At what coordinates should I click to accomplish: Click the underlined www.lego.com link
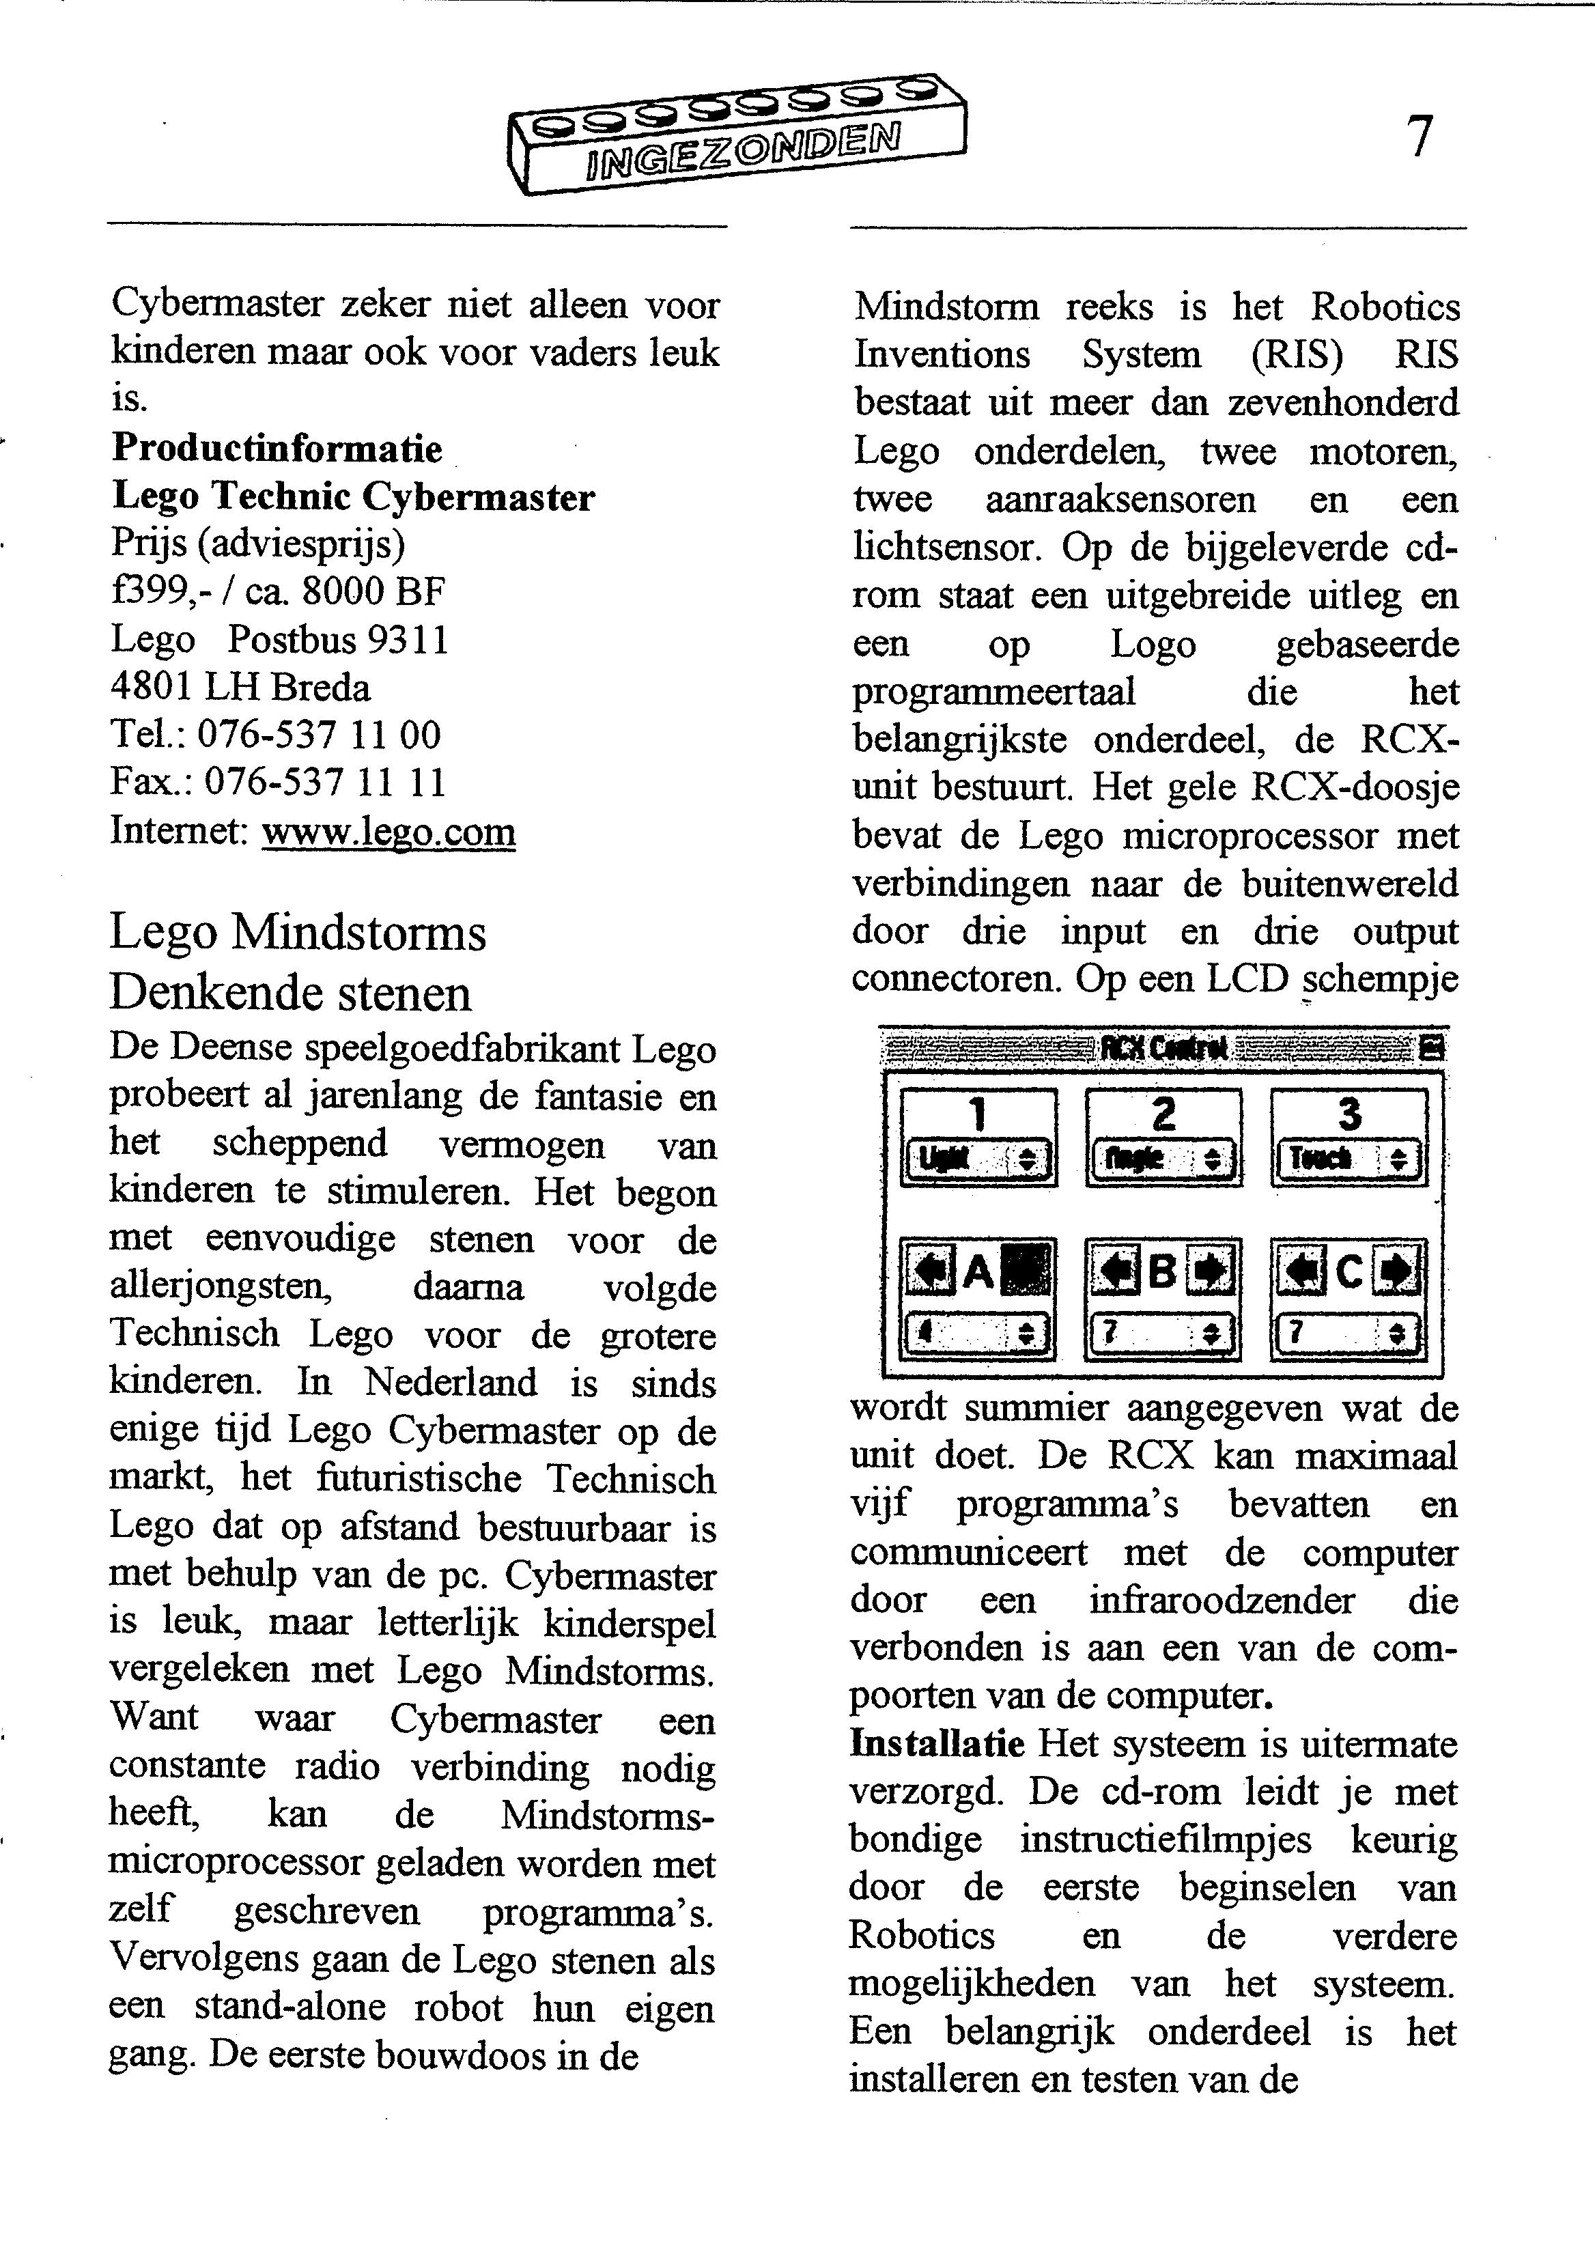pyautogui.click(x=389, y=831)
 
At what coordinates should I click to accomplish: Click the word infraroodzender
pyautogui.click(x=1222, y=1600)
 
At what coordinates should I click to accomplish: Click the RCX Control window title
pyautogui.click(x=1163, y=1049)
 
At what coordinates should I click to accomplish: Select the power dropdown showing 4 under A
pyautogui.click(x=978, y=1334)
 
